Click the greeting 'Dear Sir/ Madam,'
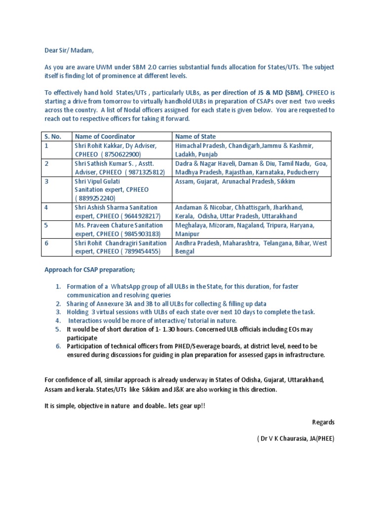(x=66, y=50)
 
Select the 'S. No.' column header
(x=53, y=136)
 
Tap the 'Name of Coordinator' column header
(x=105, y=136)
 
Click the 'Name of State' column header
(x=195, y=136)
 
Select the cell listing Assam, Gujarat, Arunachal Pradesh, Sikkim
(x=235, y=181)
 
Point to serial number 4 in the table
(x=46, y=208)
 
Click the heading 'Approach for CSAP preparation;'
(x=89, y=270)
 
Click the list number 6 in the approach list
(x=58, y=346)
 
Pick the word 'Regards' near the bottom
(x=323, y=422)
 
